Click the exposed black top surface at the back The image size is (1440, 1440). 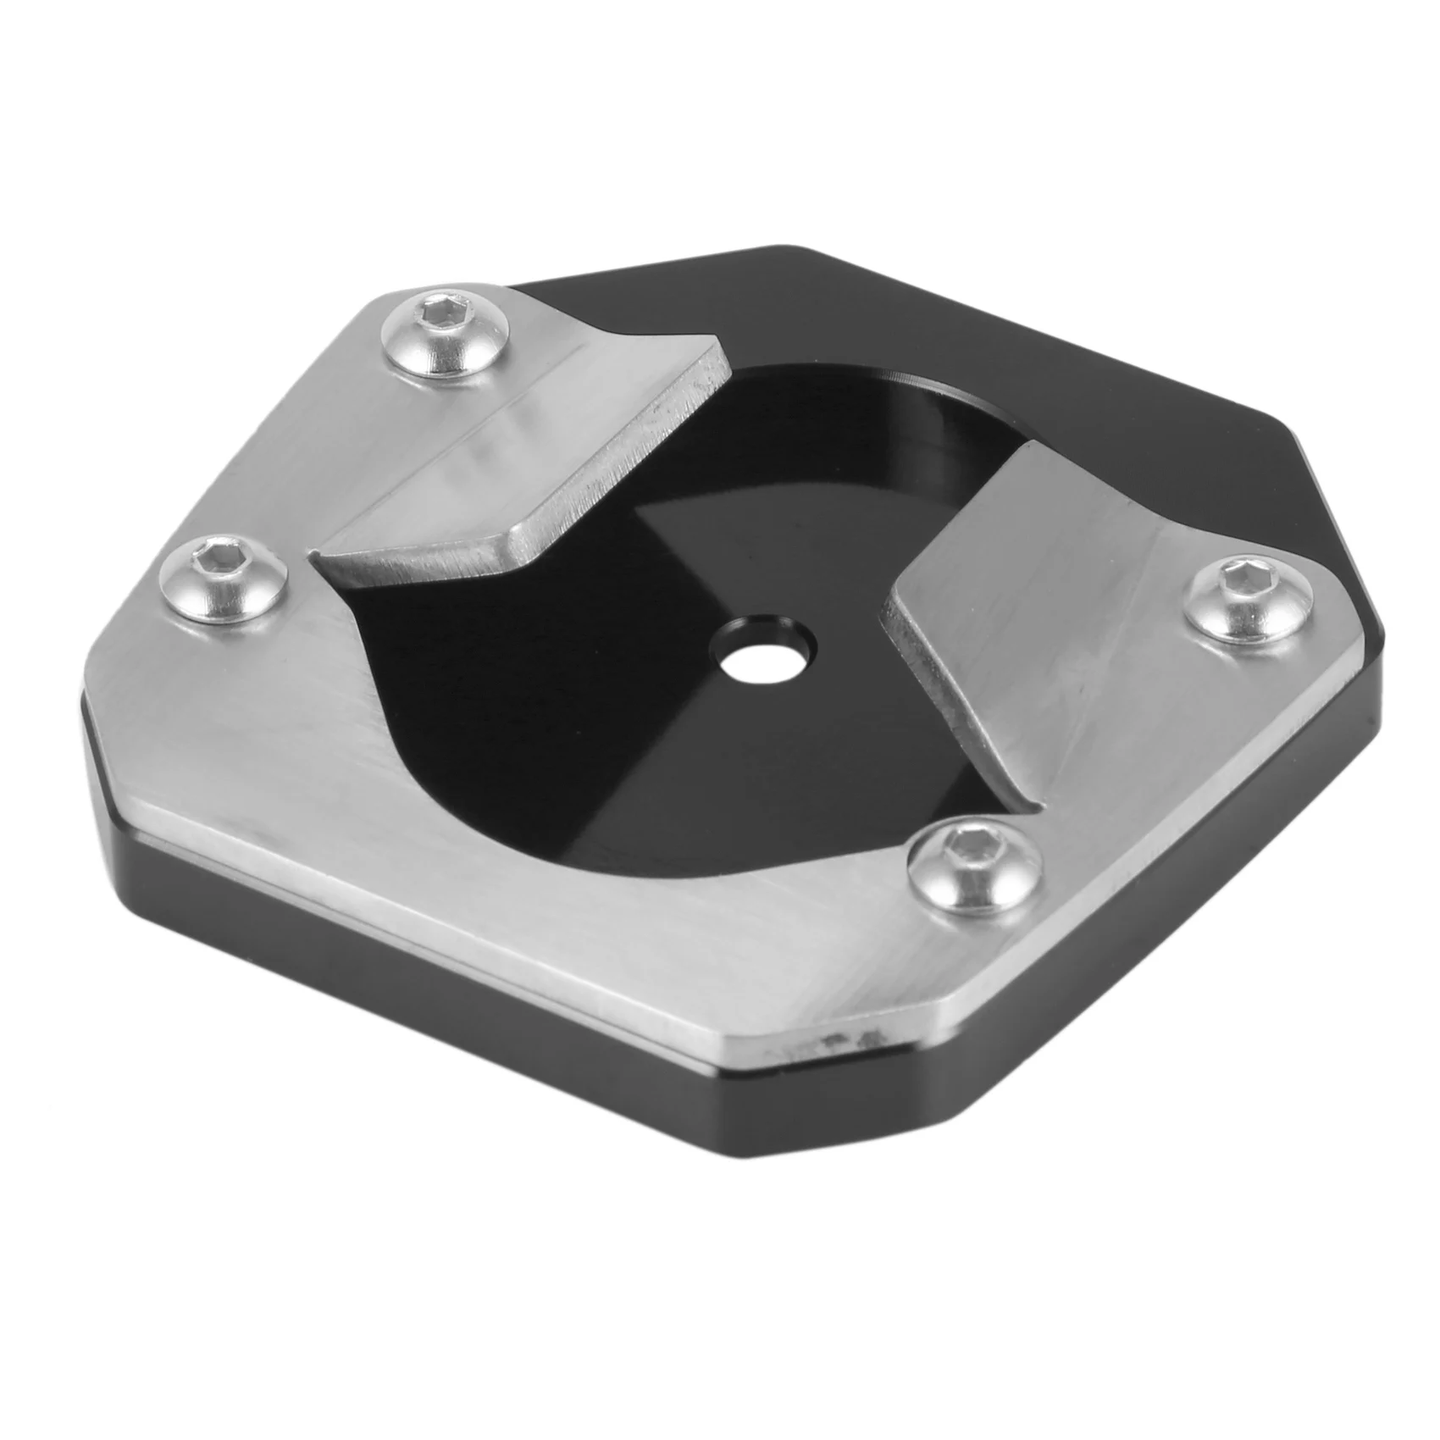(x=974, y=339)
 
